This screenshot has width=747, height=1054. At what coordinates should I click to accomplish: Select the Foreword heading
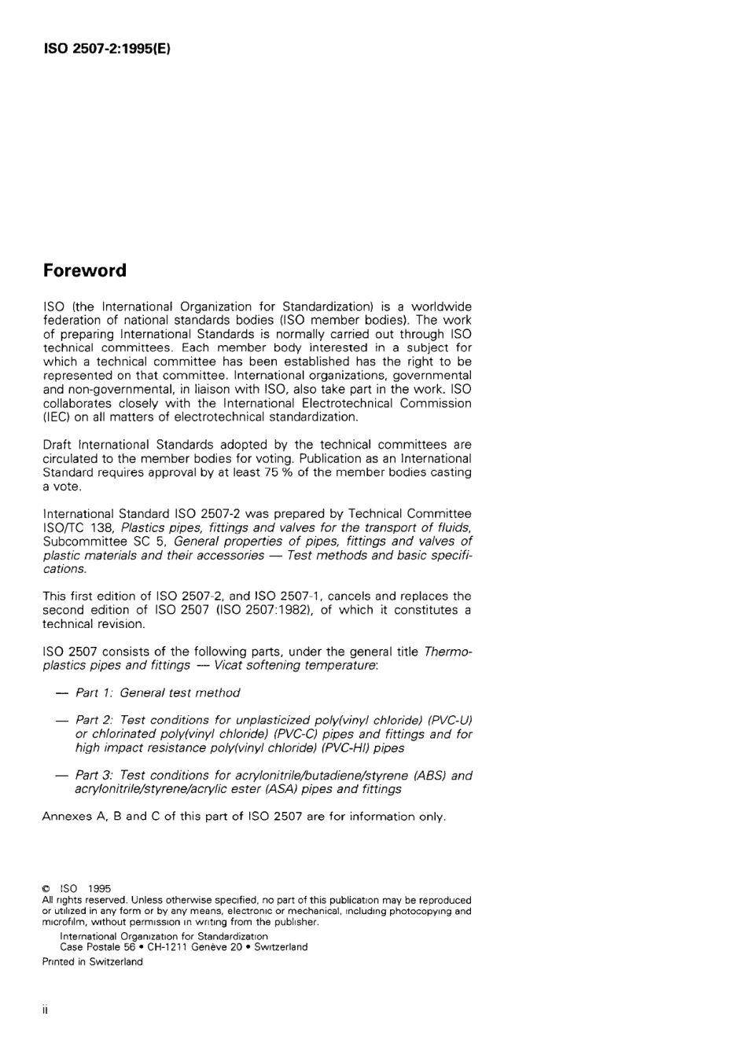(84, 270)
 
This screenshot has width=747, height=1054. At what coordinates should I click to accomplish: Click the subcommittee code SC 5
(147, 542)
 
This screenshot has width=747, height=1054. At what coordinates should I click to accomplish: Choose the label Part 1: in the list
(94, 692)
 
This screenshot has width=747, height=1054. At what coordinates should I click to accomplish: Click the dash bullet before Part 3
(61, 775)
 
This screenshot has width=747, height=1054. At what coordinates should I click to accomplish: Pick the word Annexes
(67, 816)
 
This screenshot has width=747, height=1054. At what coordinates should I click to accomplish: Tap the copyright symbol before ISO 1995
(46, 889)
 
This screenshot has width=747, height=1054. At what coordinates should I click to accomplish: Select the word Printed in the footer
(58, 962)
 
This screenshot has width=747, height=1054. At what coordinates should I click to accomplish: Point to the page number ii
(46, 1011)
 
